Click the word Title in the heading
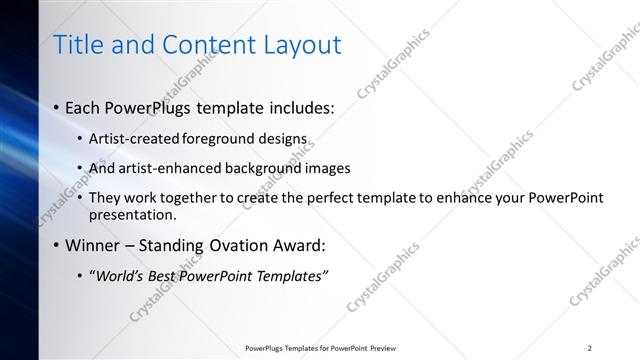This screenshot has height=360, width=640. [77, 44]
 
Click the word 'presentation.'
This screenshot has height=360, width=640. [132, 214]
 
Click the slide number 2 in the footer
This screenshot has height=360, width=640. [589, 348]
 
